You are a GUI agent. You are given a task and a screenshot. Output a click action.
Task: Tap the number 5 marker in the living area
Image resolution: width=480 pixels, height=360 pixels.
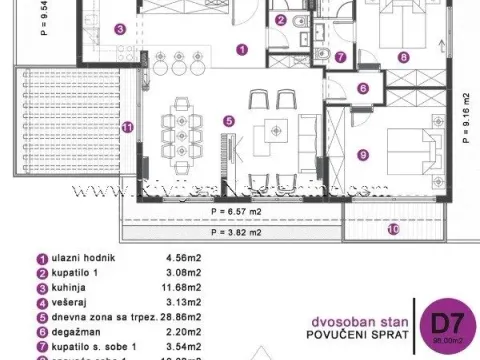coord(229,122)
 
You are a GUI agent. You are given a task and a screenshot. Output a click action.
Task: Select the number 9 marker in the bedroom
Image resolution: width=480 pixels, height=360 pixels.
coord(363,155)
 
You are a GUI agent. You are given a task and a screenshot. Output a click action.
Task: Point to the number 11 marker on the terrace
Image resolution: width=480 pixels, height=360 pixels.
coord(127,127)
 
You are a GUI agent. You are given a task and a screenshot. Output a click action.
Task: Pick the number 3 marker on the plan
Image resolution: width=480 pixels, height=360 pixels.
coord(119,30)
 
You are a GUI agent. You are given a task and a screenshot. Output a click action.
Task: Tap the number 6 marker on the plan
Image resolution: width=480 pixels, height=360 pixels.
coord(363,88)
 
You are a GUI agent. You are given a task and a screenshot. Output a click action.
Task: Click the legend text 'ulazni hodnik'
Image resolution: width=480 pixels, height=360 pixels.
coord(83,257)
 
